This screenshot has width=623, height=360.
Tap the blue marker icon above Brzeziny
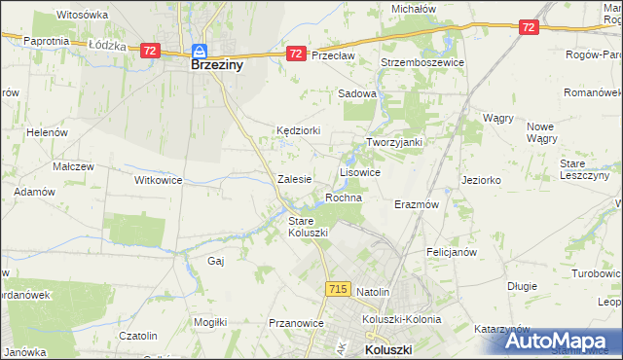click(x=200, y=52)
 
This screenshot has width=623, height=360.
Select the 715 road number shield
click(x=338, y=289)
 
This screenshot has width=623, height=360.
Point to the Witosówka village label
click(x=82, y=16)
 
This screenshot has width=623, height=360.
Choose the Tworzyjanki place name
click(x=393, y=142)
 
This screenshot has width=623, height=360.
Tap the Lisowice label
click(x=359, y=171)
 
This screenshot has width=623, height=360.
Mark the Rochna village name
click(x=344, y=198)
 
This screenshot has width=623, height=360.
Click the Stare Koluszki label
click(x=308, y=227)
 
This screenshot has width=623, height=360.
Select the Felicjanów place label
click(x=450, y=251)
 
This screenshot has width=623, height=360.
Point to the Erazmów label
click(x=417, y=205)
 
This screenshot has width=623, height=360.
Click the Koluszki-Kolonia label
click(x=401, y=318)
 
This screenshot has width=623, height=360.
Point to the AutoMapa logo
click(x=562, y=341)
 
